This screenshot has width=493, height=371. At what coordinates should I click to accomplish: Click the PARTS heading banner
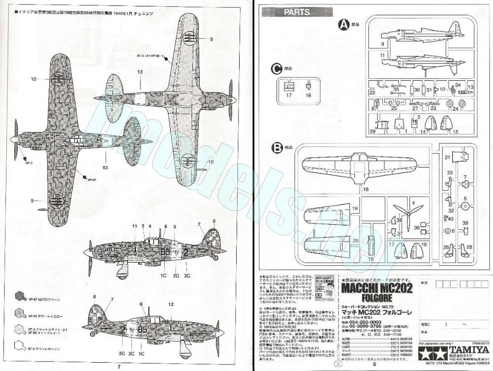pyautogui.click(x=296, y=12)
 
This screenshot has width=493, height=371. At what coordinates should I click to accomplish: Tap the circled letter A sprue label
pyautogui.click(x=344, y=25)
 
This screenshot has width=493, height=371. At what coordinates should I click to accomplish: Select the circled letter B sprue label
pyautogui.click(x=277, y=147)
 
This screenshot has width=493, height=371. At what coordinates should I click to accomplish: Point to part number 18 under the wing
pyautogui.click(x=365, y=189)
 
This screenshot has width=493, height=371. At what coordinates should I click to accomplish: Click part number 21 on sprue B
pyautogui.click(x=448, y=157)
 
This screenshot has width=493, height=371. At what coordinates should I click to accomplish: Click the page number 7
pyautogui.click(x=119, y=367)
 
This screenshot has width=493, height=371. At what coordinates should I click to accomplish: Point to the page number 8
pyautogui.click(x=374, y=365)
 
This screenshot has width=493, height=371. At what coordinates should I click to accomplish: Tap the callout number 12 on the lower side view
pyautogui.click(x=170, y=304)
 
